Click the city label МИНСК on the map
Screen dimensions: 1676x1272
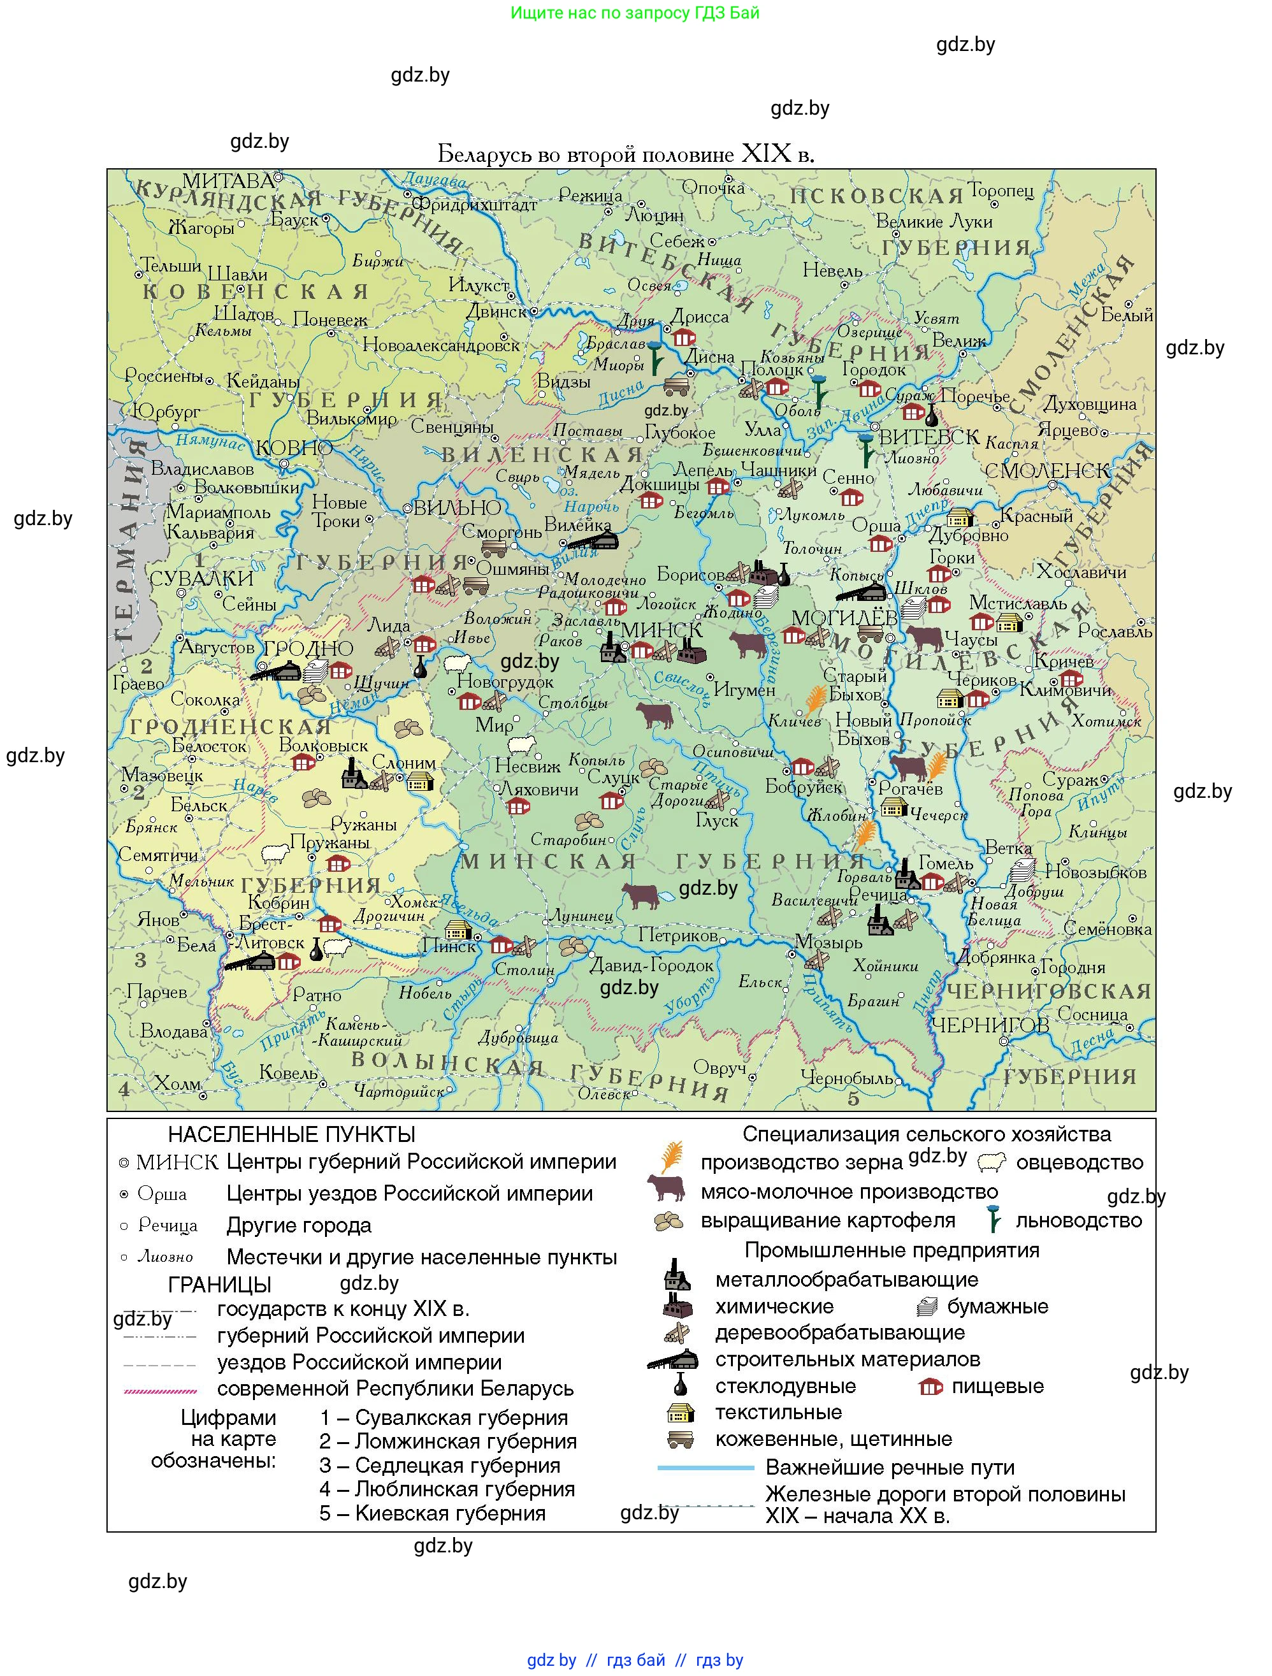click(x=661, y=630)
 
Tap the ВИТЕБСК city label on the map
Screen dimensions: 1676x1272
click(x=928, y=437)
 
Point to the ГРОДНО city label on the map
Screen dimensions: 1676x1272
click(x=308, y=649)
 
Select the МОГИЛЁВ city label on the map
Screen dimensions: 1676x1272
click(x=844, y=618)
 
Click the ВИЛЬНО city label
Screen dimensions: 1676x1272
click(x=457, y=508)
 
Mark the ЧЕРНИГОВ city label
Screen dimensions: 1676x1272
click(x=990, y=1025)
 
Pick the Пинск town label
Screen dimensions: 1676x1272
click(x=449, y=946)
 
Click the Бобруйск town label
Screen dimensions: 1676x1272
click(x=803, y=786)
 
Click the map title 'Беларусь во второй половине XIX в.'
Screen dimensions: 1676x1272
click(x=626, y=155)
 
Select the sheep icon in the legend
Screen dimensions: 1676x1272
click(x=992, y=1162)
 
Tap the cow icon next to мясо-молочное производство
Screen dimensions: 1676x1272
click(x=666, y=1187)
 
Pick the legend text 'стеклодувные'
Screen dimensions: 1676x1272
click(x=785, y=1386)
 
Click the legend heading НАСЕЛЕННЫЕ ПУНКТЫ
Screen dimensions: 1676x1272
click(x=292, y=1134)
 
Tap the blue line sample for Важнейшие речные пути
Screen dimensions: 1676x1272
click(x=705, y=1468)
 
